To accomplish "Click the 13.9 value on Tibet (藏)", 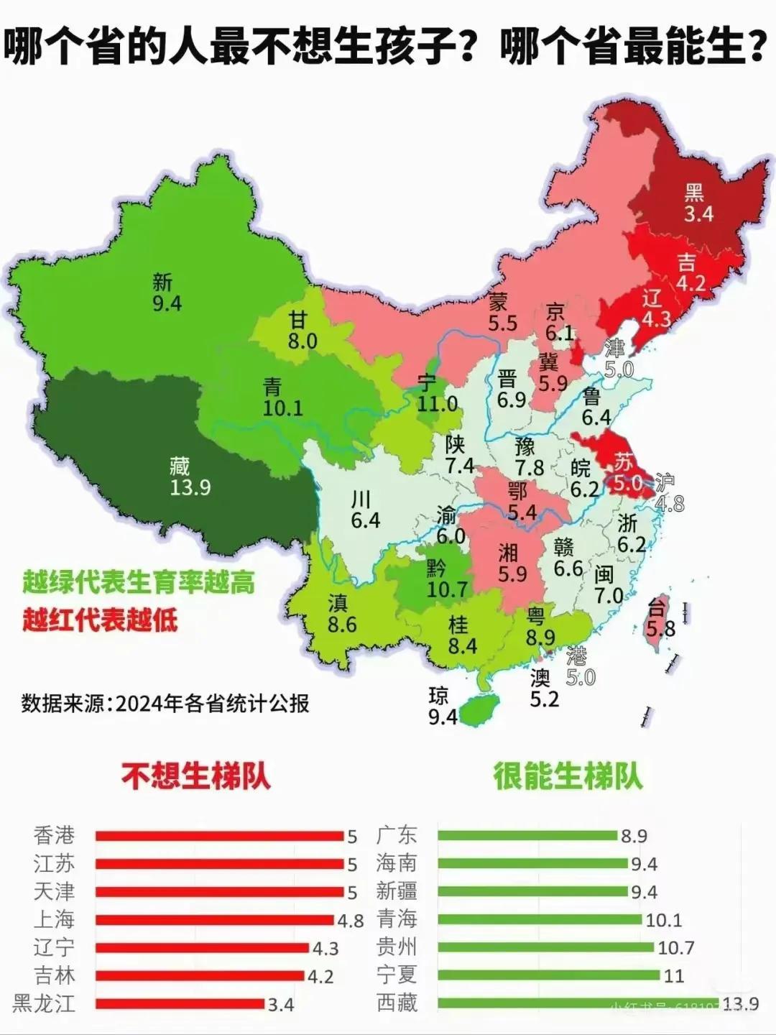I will coord(190,488).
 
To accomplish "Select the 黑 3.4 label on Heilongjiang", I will coord(696,203).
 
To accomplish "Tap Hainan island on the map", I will coord(476,710).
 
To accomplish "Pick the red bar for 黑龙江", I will coord(180,1003).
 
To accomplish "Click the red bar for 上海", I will coord(216,920).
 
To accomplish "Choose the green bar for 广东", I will coord(527,835).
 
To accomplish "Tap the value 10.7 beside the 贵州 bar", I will coord(676,948).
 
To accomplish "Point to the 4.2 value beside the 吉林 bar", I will coord(322,976).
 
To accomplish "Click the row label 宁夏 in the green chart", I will coord(397,975).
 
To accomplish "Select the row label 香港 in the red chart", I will coord(54,835).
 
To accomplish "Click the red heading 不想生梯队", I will coord(195,776).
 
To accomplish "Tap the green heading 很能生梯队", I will coord(568,776).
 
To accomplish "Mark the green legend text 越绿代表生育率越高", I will coord(138,582).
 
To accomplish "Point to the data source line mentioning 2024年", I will coord(165,703).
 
